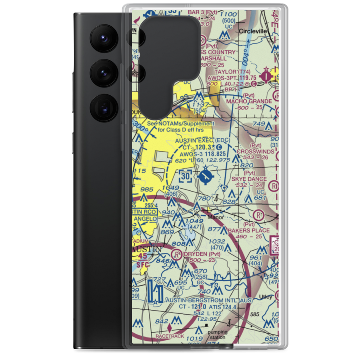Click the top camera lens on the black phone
tap(103, 37)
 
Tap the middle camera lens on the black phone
tap(103, 73)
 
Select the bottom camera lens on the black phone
tap(103, 108)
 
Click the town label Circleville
tap(253, 31)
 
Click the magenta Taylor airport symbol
tap(266, 76)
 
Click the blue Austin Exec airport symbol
tap(206, 176)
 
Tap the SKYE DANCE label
tap(249, 179)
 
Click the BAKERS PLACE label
tap(248, 230)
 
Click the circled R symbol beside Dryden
tap(176, 255)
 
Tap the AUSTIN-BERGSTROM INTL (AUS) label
tap(202, 300)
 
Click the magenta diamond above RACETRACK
tap(170, 328)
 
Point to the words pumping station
tap(217, 334)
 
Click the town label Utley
tap(266, 297)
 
